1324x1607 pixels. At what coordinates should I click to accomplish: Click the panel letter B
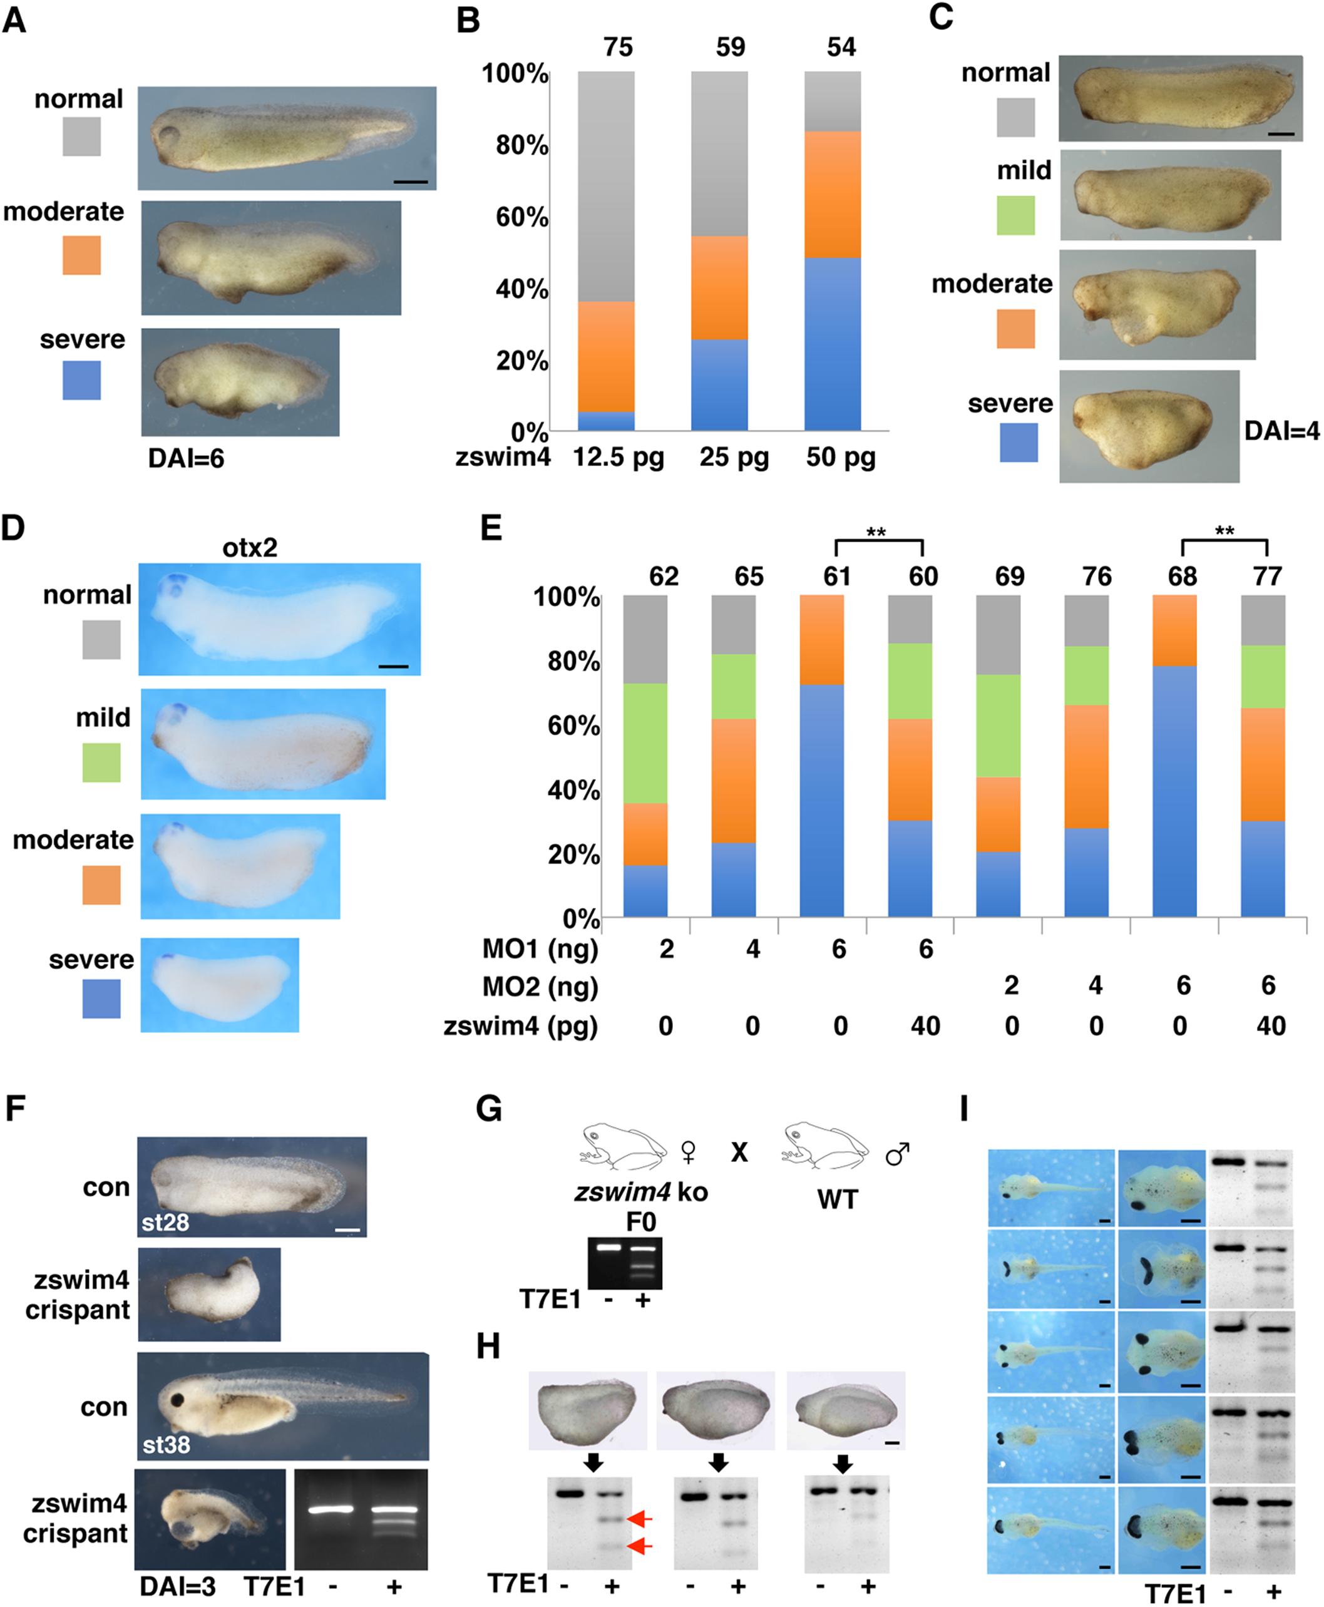(x=468, y=21)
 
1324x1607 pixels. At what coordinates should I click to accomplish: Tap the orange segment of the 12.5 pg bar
(x=605, y=356)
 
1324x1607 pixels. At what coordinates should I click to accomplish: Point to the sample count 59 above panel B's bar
(x=730, y=48)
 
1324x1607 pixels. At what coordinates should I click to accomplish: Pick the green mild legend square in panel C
(x=1015, y=215)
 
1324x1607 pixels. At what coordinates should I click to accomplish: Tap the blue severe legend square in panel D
(x=101, y=999)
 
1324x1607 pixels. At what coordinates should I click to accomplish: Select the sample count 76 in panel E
(x=1096, y=577)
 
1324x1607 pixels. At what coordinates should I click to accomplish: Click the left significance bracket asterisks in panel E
(x=876, y=532)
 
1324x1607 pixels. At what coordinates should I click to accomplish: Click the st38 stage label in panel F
(x=165, y=1444)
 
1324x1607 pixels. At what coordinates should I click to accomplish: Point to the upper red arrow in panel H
(x=639, y=1519)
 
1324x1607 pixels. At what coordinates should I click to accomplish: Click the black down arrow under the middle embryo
(x=717, y=1461)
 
